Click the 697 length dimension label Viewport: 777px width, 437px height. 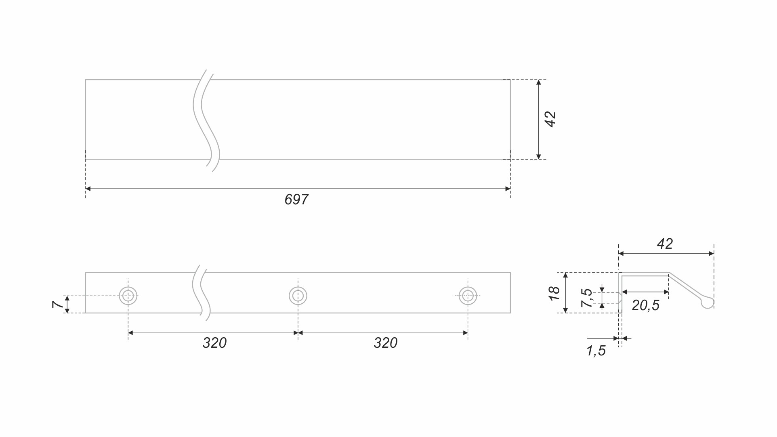tap(296, 200)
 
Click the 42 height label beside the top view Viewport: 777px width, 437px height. tap(551, 119)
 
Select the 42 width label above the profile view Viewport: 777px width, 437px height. tap(665, 244)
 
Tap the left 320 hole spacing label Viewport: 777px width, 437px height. tap(214, 343)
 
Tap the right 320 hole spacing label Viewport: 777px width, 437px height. tap(386, 343)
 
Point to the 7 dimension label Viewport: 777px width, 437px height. tap(57, 304)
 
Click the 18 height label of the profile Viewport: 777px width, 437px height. tap(554, 293)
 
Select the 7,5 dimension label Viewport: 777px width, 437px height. tap(586, 298)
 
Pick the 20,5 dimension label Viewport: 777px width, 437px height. tap(646, 305)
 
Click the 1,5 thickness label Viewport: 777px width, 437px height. tap(596, 351)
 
